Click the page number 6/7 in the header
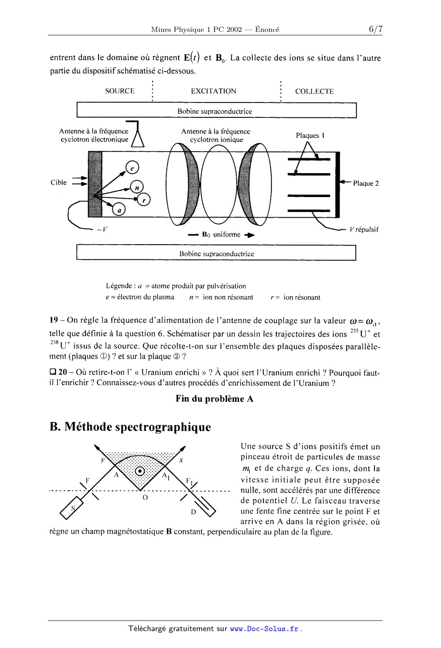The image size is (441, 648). (x=375, y=29)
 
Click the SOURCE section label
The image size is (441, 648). (x=120, y=91)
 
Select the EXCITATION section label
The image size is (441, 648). (x=213, y=91)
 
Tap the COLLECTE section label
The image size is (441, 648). (x=314, y=91)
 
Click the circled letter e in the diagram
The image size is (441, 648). (x=132, y=168)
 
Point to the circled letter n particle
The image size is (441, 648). (x=137, y=187)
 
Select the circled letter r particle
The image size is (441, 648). (x=144, y=200)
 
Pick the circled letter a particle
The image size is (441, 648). (x=119, y=210)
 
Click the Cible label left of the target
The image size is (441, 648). (x=58, y=182)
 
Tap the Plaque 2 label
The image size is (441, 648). (x=365, y=183)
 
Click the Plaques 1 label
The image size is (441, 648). (x=310, y=135)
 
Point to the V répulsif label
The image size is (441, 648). (x=364, y=229)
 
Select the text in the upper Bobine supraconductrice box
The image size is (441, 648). (x=215, y=111)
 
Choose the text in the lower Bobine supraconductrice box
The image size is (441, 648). (x=216, y=254)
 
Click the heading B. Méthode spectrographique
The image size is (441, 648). (x=130, y=427)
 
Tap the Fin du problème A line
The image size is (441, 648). (x=214, y=399)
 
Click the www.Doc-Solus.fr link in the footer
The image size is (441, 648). (x=264, y=629)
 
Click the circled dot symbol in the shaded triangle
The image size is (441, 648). (x=140, y=471)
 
